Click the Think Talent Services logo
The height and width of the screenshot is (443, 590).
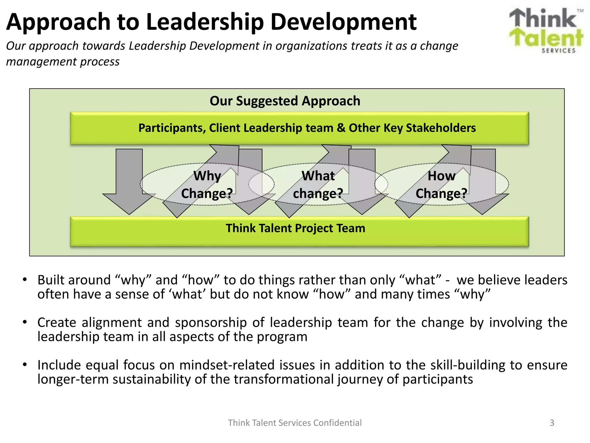pyautogui.click(x=546, y=30)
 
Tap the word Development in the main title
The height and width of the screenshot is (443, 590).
pyautogui.click(x=343, y=22)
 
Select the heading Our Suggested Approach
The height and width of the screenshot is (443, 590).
pyautogui.click(x=285, y=101)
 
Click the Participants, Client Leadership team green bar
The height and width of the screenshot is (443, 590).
pyautogui.click(x=300, y=128)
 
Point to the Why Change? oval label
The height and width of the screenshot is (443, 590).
pyautogui.click(x=207, y=185)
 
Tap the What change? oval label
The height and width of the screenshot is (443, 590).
pyautogui.click(x=318, y=185)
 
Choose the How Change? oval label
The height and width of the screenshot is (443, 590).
pyautogui.click(x=441, y=185)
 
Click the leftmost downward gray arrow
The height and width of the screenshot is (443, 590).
pyautogui.click(x=129, y=185)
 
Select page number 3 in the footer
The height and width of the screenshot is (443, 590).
pyautogui.click(x=552, y=423)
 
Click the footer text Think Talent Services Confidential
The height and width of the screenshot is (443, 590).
pyautogui.click(x=295, y=423)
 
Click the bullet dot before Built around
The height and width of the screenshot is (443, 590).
pyautogui.click(x=25, y=279)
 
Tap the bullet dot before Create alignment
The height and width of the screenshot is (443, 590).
pyautogui.click(x=25, y=322)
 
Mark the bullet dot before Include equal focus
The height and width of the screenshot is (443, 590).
pyautogui.click(x=25, y=365)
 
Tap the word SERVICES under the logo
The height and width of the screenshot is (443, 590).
pyautogui.click(x=558, y=51)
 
